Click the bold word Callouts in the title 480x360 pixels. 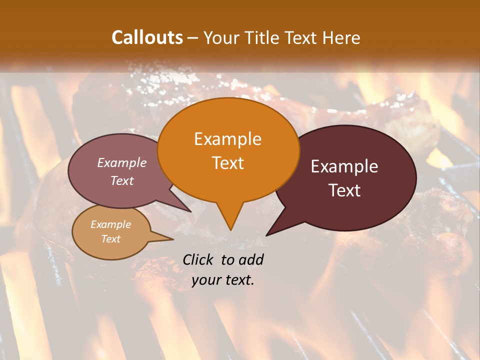pos(147,37)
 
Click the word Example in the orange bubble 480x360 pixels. pos(227,139)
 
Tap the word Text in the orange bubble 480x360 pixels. pos(227,163)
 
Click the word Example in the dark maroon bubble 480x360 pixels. pos(344,166)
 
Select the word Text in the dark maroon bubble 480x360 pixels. pos(344,190)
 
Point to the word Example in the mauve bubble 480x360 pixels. pos(122,162)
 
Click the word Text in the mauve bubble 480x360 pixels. pos(122,180)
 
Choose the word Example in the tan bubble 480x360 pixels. pos(110,224)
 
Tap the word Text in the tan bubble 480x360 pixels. pos(110,239)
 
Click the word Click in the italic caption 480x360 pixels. pos(199,259)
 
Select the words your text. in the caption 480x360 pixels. pos(223,280)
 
